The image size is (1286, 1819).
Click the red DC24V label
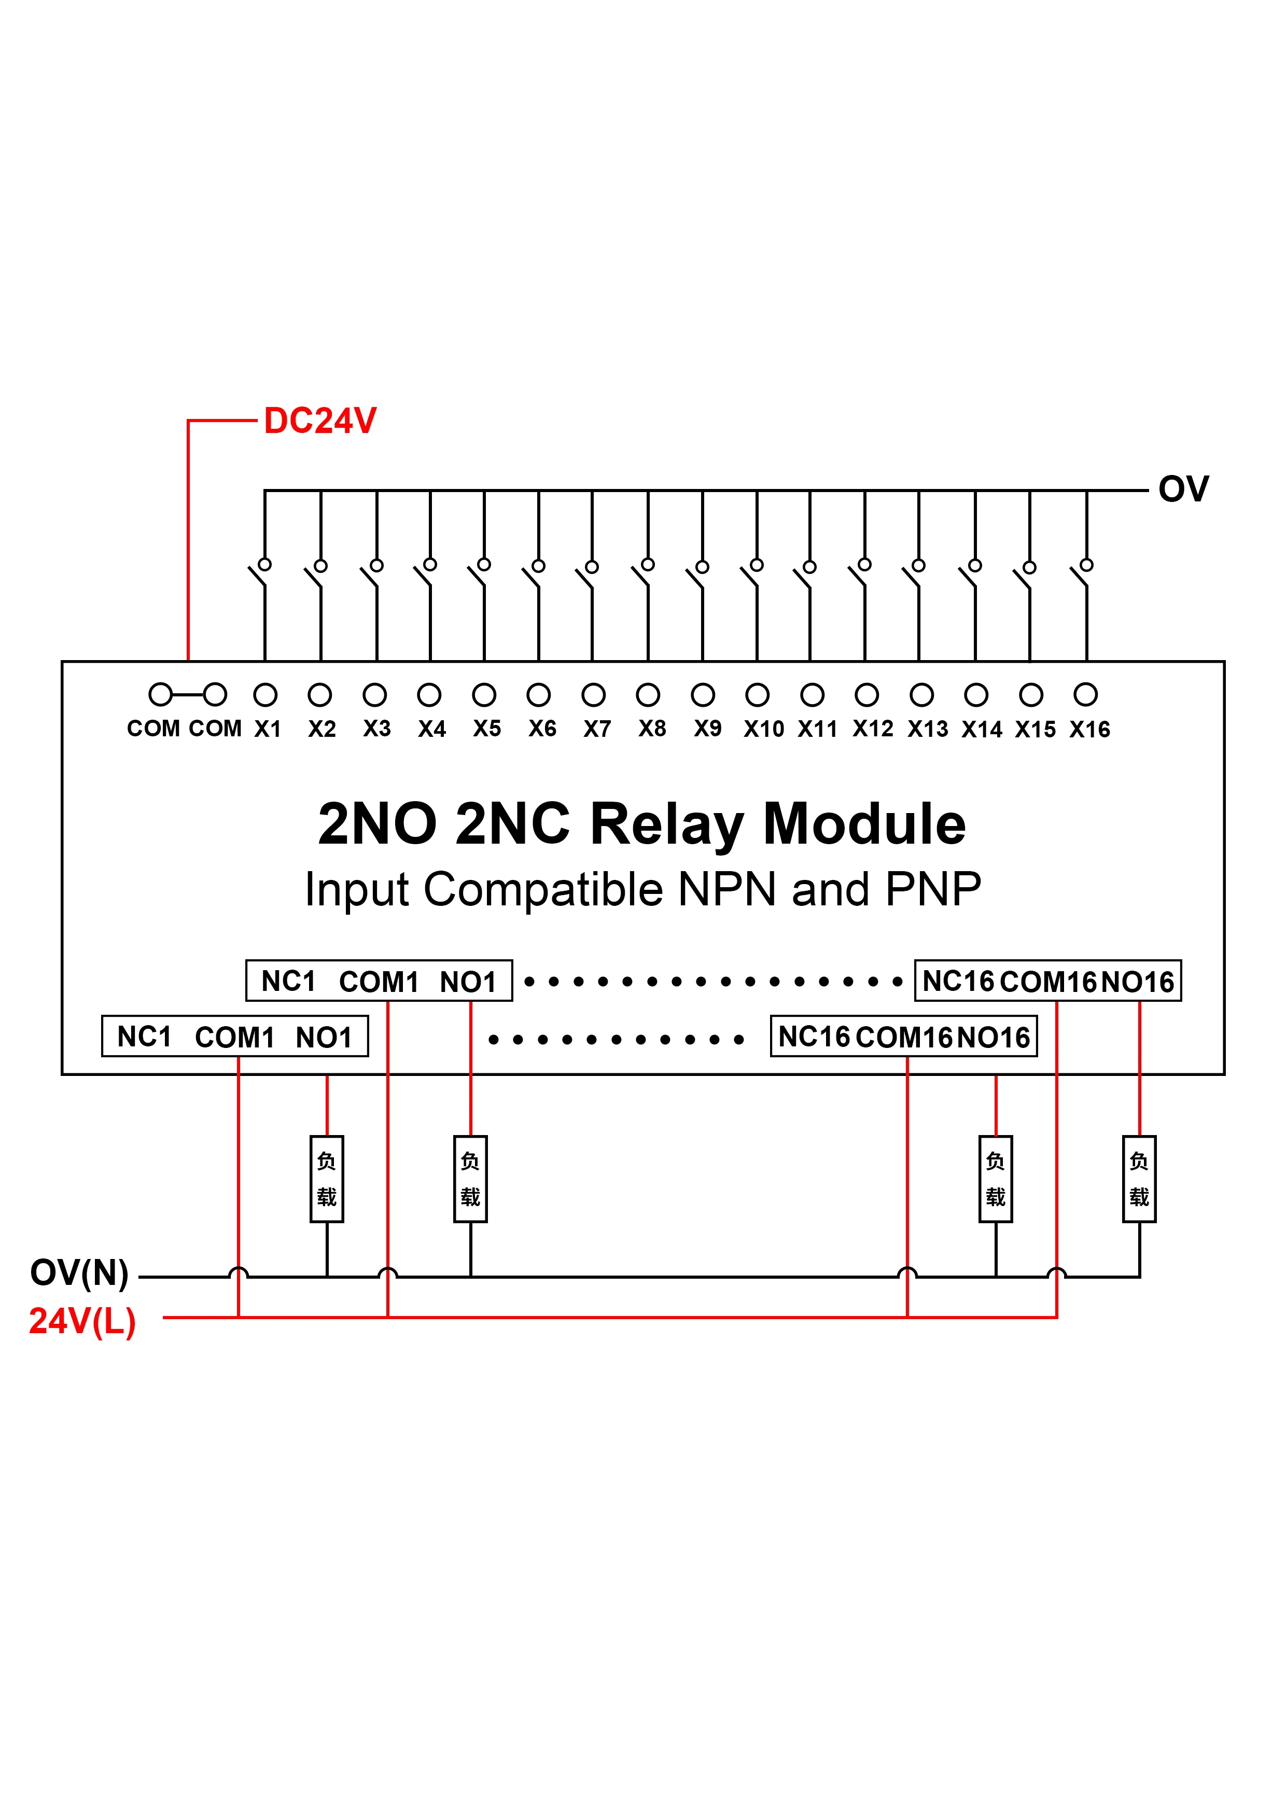click(x=319, y=421)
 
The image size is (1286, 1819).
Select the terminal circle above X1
click(x=265, y=695)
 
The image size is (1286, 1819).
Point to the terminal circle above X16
click(x=1085, y=695)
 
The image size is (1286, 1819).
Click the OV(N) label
click(x=79, y=1272)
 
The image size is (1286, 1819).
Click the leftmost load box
click(x=327, y=1179)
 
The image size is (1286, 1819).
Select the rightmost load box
click(x=1139, y=1179)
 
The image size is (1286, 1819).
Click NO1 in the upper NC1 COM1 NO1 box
click(x=468, y=982)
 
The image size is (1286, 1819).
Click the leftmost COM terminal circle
click(x=160, y=695)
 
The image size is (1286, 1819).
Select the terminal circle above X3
click(x=375, y=695)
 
